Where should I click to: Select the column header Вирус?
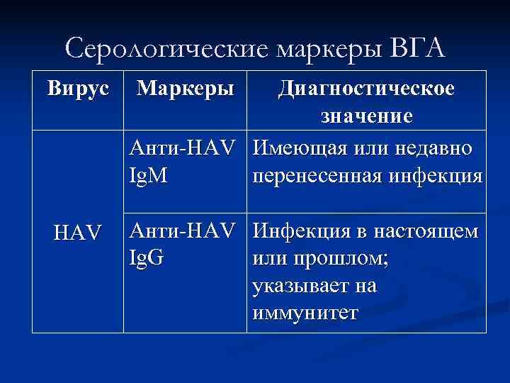coord(78,89)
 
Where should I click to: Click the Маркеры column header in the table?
coord(186,89)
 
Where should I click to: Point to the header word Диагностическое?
coord(367,89)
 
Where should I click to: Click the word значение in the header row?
coord(367,116)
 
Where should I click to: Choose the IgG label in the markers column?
coord(147,256)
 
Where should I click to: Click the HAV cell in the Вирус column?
coord(78,231)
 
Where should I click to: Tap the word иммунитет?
coord(305,312)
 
